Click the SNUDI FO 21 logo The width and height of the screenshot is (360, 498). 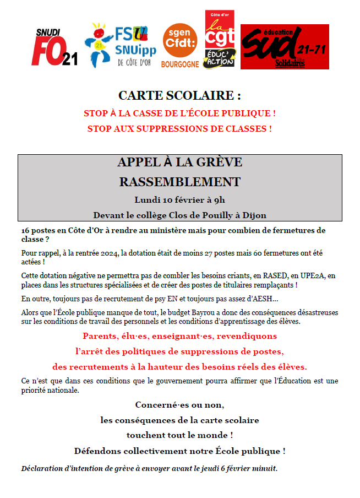(54, 47)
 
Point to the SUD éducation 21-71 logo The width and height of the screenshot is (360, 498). (284, 46)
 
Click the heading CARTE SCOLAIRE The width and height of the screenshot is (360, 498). (179, 96)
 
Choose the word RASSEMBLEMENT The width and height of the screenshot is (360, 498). (179, 182)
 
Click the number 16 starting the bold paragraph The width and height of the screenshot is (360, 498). (26, 230)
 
